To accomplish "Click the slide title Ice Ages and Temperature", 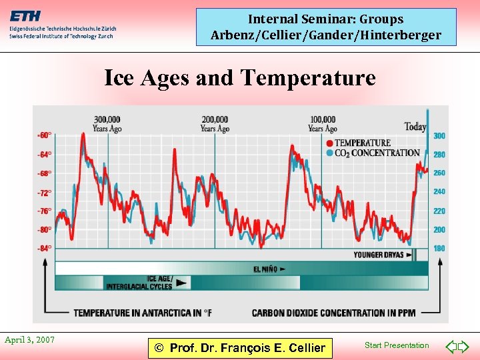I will pos(240,78).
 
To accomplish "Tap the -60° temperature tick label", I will pos(44,135).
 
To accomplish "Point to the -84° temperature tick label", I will pos(44,249).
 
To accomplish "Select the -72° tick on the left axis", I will pos(44,193).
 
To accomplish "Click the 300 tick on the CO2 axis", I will pos(439,136).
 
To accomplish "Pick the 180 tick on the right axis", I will pos(439,249).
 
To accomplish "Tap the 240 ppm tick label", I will pos(439,192).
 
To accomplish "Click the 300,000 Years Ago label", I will pos(107,124).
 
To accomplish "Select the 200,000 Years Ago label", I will pos(215,124).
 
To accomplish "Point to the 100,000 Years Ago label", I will pos(322,124).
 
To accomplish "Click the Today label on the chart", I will pos(415,127).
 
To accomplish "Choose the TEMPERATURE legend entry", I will pos(362,143).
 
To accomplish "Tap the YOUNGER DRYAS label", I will pos(378,255).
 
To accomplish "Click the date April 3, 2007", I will pos(29,340).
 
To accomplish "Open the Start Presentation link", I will pos(397,345).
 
